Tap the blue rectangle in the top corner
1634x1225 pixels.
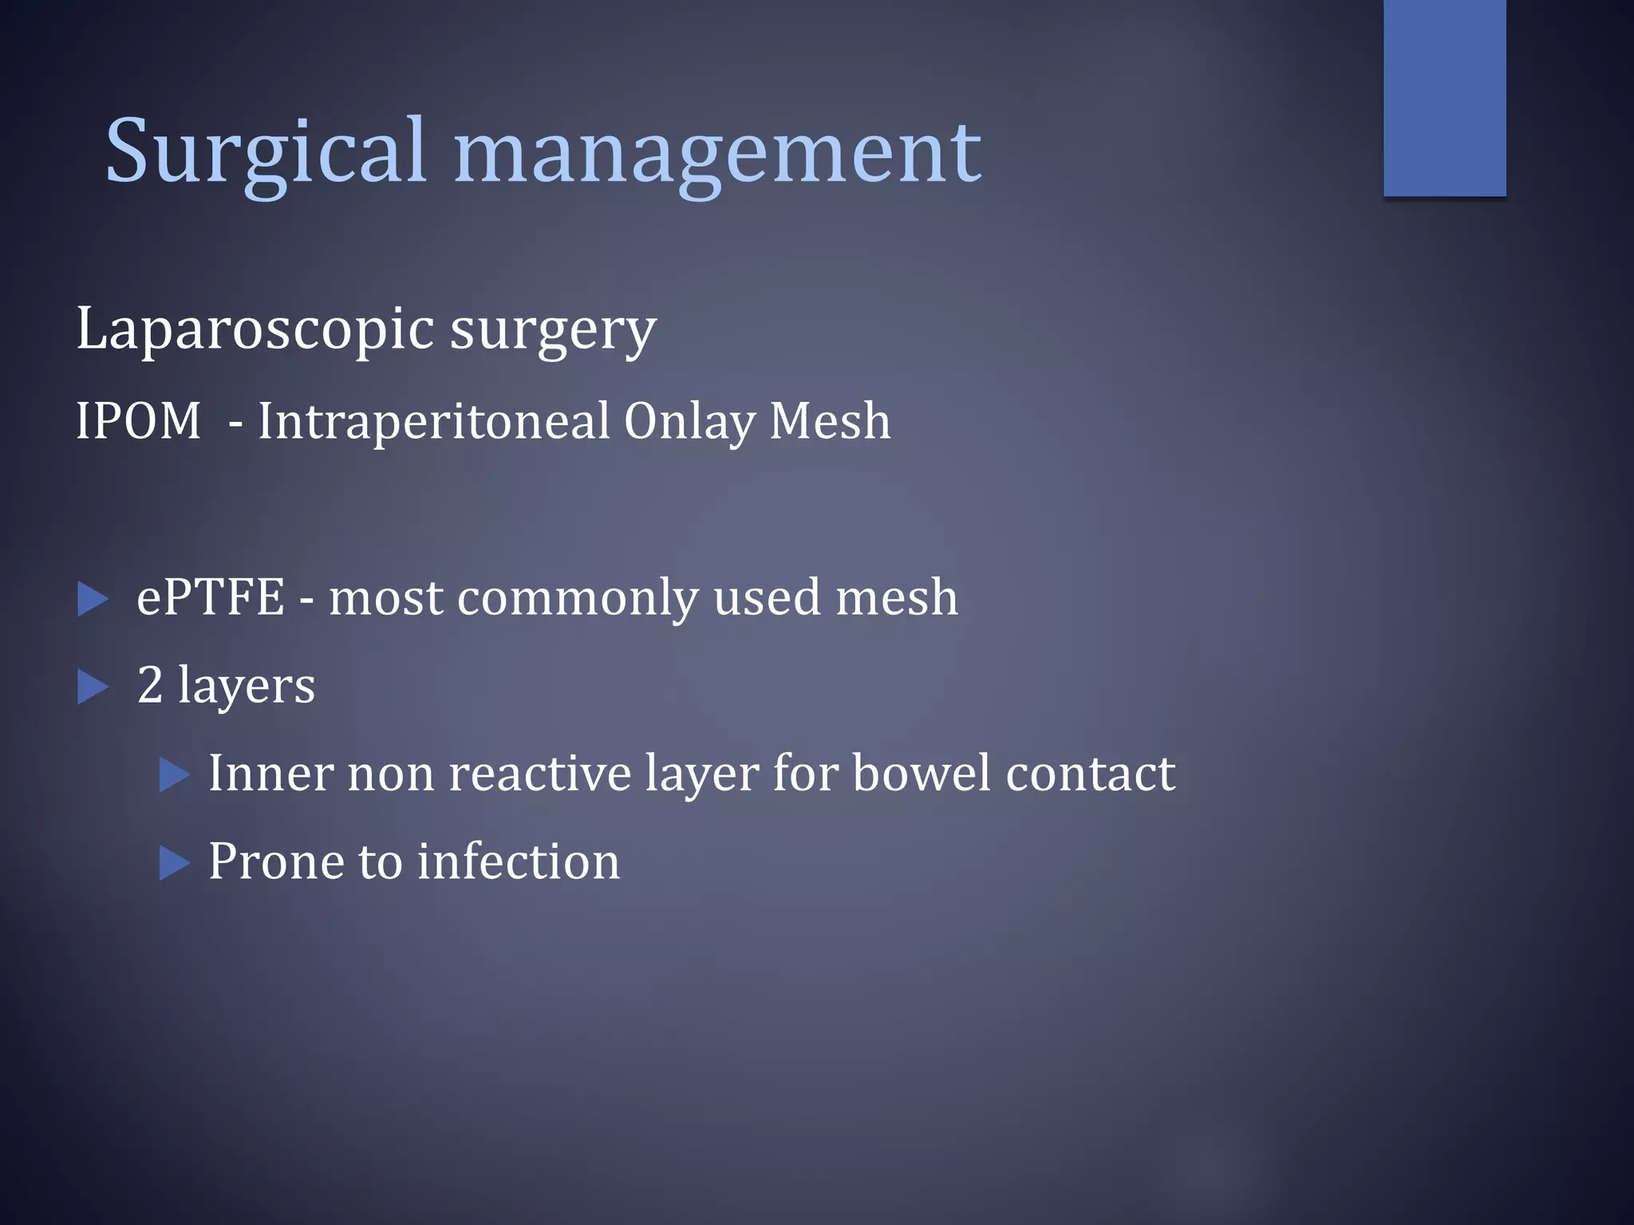click(x=1444, y=97)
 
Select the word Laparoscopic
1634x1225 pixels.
click(x=255, y=329)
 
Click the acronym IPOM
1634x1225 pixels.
click(x=139, y=421)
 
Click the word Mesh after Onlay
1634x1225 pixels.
click(x=830, y=421)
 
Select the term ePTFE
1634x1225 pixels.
click(x=211, y=597)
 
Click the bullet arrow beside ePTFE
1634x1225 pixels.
click(x=93, y=600)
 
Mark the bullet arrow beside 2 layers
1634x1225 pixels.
click(x=93, y=687)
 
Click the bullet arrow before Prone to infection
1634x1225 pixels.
click(x=175, y=864)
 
